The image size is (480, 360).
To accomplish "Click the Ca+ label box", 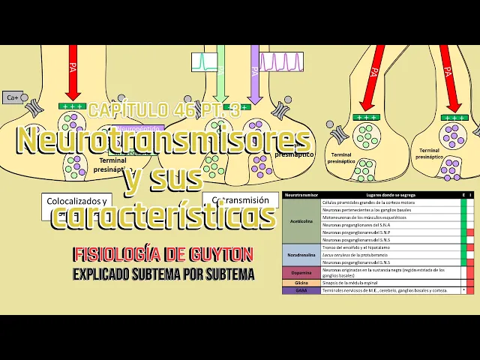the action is (x=13, y=97).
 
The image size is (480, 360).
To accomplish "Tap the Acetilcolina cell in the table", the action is (x=301, y=222).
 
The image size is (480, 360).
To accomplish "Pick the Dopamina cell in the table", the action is (x=301, y=272).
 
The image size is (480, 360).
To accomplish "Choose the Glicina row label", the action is (x=301, y=282).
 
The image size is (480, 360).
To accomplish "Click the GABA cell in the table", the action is (x=301, y=289).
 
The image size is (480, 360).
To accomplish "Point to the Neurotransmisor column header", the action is (x=301, y=195).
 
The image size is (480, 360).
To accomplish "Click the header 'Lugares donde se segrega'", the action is (x=390, y=195).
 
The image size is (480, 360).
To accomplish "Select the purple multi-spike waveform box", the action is (x=281, y=61).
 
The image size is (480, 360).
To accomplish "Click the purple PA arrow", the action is (x=254, y=75).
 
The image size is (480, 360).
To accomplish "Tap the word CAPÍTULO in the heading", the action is (x=124, y=110).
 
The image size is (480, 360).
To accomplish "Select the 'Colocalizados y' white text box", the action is (x=77, y=202).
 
